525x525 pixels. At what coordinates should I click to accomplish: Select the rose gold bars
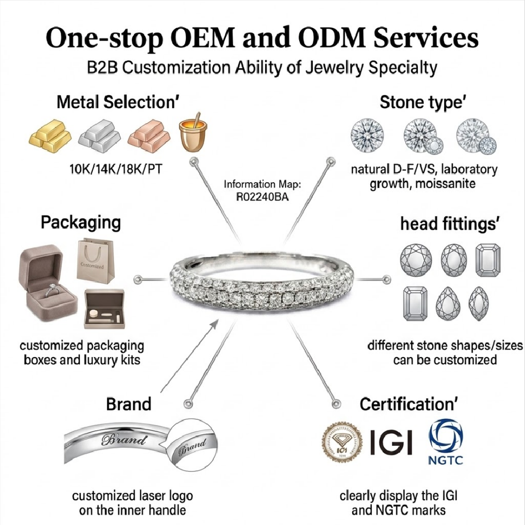(149, 137)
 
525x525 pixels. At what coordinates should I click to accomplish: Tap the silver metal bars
(100, 136)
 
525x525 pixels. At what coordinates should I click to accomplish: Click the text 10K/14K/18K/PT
(115, 169)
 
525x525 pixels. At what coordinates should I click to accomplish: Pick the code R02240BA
(262, 197)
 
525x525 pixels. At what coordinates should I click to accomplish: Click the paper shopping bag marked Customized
(95, 261)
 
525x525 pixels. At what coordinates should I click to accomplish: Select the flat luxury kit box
(104, 308)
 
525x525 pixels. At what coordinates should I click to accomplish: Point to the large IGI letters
(391, 442)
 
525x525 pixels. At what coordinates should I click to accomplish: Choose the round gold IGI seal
(342, 442)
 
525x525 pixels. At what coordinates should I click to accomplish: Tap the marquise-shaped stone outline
(479, 304)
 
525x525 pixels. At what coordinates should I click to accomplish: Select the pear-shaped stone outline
(448, 304)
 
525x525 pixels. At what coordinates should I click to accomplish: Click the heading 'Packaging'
(81, 223)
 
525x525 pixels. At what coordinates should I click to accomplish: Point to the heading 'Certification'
(408, 404)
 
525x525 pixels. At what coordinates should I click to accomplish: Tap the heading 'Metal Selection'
(118, 102)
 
